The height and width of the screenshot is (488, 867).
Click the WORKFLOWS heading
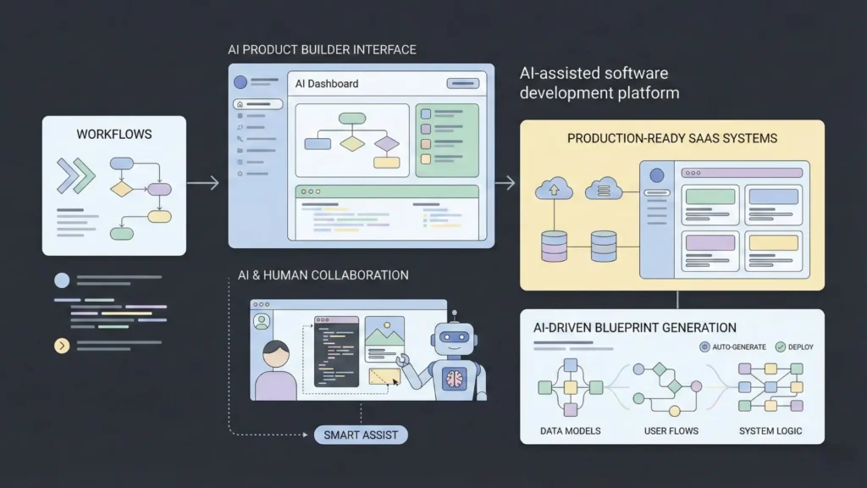(x=113, y=135)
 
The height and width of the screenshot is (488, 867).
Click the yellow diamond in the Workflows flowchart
(x=122, y=189)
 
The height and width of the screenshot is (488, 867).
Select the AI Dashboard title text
(x=327, y=84)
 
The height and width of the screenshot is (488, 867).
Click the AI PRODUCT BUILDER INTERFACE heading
(x=322, y=50)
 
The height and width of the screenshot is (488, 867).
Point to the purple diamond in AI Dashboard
(x=387, y=143)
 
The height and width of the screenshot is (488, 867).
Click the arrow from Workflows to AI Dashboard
(x=203, y=183)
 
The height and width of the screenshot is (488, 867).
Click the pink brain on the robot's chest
(x=456, y=379)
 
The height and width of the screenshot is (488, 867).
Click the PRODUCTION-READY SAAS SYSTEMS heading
(x=671, y=138)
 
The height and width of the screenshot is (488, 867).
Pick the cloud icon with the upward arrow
(x=554, y=188)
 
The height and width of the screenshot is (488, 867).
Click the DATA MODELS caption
(x=570, y=430)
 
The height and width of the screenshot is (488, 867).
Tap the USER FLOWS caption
(x=671, y=430)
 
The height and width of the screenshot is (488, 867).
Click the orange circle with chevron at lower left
(x=61, y=345)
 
